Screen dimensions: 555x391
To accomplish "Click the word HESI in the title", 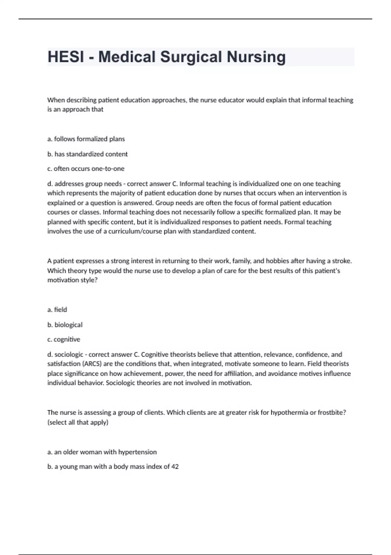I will pyautogui.click(x=65, y=57).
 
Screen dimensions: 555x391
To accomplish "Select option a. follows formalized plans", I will pyautogui.click(x=86, y=139).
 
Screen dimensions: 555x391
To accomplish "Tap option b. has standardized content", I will pyautogui.click(x=87, y=154).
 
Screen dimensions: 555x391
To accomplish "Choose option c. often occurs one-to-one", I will pyautogui.click(x=86, y=169).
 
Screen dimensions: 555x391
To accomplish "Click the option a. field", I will pyautogui.click(x=57, y=310).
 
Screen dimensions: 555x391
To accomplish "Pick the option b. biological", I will pyautogui.click(x=65, y=325).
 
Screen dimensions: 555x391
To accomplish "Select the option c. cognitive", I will pyautogui.click(x=64, y=340).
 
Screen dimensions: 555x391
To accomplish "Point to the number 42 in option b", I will pyautogui.click(x=175, y=467).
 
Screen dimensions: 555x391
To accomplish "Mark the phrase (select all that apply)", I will pyautogui.click(x=78, y=422).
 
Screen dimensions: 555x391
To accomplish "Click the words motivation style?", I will pyautogui.click(x=72, y=280).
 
